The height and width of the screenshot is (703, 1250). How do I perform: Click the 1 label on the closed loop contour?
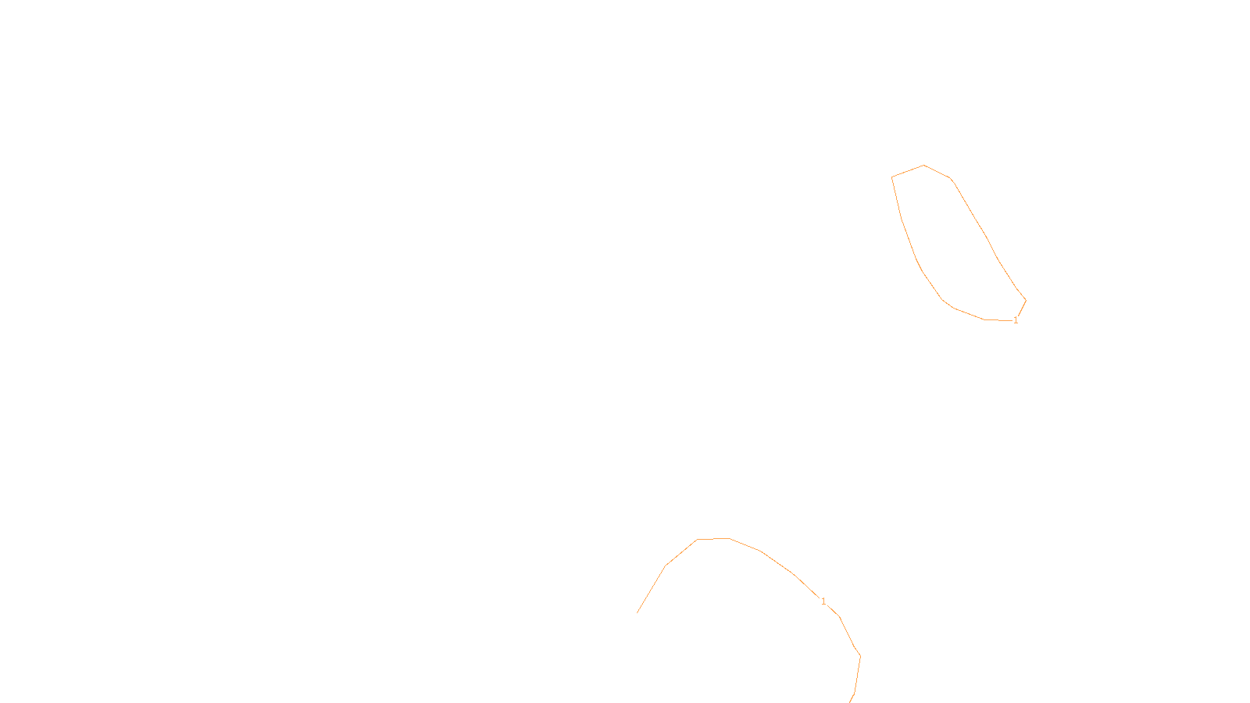1016,320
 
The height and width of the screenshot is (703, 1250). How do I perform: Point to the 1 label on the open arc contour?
823,601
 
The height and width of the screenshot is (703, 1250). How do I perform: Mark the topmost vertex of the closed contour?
924,165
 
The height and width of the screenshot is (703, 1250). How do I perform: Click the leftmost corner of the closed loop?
892,177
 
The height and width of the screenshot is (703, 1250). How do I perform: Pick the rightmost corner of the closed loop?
1026,299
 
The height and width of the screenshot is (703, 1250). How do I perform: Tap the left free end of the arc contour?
637,613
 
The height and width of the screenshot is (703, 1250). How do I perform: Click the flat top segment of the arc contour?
713,539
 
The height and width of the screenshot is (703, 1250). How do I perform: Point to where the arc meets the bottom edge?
850,701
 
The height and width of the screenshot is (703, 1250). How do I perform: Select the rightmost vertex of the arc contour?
860,655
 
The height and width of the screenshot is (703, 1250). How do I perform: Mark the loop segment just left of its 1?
998,319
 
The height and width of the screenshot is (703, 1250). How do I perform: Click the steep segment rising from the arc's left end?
652,590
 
